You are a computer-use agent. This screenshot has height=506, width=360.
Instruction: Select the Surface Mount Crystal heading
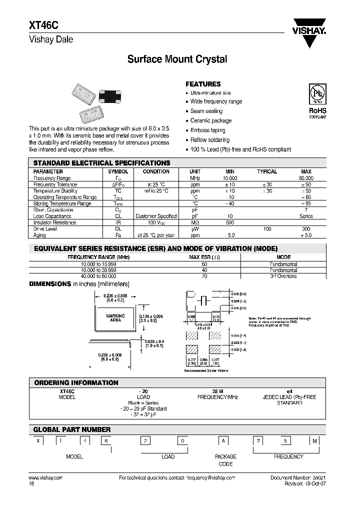177,59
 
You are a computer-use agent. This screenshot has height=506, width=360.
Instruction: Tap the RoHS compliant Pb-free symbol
317,95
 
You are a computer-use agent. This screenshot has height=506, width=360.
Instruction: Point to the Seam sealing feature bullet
206,111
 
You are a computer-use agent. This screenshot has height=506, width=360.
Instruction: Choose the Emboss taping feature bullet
207,130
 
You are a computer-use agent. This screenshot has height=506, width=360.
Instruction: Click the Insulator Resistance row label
54,222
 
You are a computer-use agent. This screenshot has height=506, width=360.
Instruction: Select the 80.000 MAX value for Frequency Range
306,178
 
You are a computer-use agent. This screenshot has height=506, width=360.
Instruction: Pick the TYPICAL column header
267,171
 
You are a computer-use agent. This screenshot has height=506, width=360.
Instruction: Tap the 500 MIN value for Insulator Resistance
229,222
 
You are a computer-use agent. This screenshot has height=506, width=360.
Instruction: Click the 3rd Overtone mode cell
283,276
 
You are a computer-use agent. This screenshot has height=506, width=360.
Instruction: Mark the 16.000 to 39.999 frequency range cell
98,270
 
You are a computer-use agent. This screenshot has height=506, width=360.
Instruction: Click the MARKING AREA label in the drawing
115,318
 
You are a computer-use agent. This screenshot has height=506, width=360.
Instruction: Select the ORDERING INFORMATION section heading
76,382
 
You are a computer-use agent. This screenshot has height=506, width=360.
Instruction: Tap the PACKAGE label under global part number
225,456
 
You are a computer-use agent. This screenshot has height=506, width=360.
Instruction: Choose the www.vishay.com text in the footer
42,478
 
